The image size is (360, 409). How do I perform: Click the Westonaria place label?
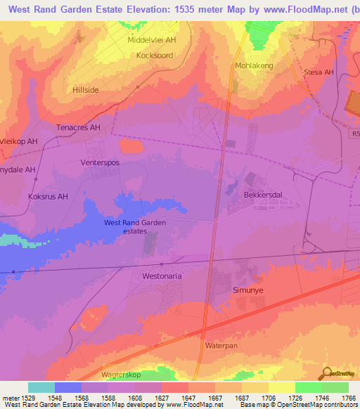162,276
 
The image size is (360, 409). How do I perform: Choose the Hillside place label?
86,91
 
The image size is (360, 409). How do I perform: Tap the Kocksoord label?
155,55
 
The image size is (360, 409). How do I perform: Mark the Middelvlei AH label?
151,40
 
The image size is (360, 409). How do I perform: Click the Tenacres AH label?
79,128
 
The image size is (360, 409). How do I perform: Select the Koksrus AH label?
49,197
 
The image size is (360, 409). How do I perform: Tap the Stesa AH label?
318,72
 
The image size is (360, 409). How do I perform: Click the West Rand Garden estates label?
134,226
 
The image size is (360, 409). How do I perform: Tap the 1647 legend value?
190,397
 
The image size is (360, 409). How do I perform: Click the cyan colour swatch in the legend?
41,387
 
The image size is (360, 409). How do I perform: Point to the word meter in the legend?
10,397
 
